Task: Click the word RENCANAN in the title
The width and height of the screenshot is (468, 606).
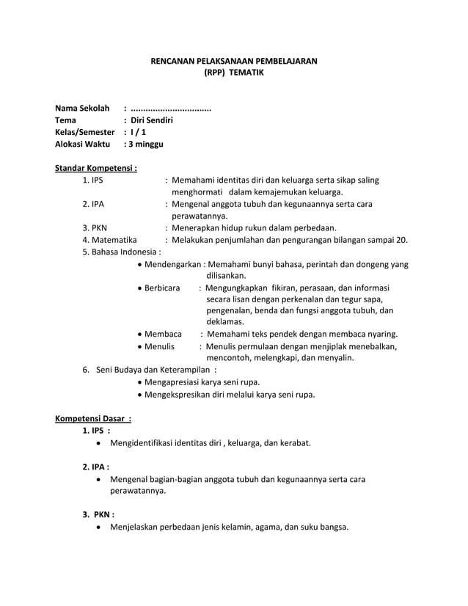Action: click(172, 61)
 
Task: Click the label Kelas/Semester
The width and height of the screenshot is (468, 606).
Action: click(85, 132)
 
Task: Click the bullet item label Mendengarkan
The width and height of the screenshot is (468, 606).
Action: click(173, 264)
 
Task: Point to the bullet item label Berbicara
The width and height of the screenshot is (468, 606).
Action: click(162, 288)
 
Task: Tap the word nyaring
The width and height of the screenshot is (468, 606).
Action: click(381, 334)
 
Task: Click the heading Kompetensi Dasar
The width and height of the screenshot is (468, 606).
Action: click(92, 419)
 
